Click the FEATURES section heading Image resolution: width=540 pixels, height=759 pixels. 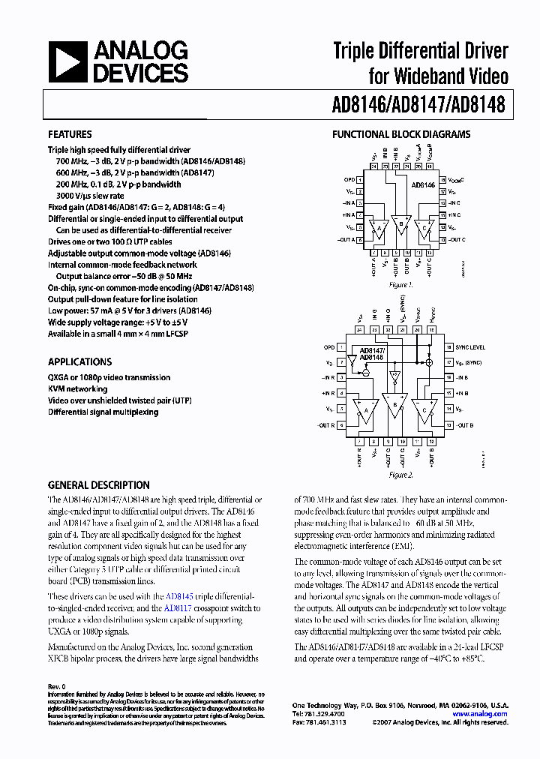[70, 134]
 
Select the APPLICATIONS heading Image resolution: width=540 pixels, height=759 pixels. [79, 361]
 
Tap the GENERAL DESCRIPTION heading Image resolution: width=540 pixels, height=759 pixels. [98, 485]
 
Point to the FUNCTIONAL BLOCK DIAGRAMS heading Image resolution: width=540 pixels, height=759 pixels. [401, 134]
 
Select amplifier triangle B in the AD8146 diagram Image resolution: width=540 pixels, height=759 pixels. [402, 225]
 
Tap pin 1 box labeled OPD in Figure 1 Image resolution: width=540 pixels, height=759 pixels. [361, 180]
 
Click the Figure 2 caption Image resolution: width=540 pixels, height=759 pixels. [401, 475]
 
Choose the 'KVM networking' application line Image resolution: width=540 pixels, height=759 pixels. [78, 389]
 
